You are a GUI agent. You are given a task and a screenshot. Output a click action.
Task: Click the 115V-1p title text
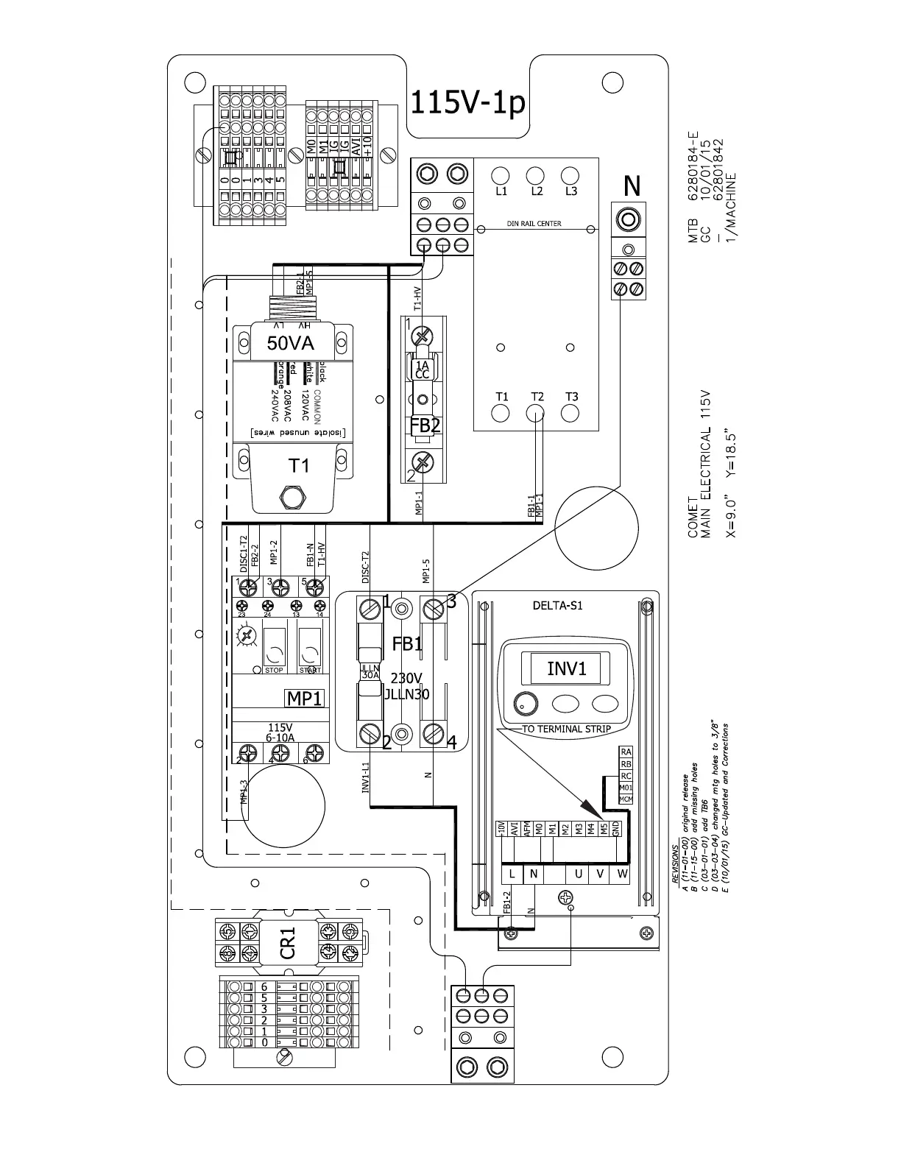coord(467,103)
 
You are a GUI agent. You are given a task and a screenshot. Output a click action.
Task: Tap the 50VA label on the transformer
coord(290,343)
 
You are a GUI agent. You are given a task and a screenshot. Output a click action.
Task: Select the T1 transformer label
coord(299,465)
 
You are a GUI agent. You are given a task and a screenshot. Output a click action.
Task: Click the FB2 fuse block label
coord(425,426)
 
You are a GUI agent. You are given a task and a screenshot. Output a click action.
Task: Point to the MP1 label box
coord(305,698)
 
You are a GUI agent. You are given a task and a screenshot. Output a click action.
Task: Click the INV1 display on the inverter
coord(567,668)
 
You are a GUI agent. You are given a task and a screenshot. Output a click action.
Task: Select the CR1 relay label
coord(288,943)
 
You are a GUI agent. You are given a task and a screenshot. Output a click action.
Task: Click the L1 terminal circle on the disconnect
coord(501,175)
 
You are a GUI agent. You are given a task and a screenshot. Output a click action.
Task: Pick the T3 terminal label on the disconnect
coord(572,397)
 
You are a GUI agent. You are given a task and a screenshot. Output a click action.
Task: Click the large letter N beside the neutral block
coord(632,187)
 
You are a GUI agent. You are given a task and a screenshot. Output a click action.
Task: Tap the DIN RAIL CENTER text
coord(534,224)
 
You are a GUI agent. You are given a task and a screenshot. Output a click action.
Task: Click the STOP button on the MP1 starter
coord(274,648)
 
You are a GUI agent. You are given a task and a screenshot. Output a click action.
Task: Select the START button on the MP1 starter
coord(309,648)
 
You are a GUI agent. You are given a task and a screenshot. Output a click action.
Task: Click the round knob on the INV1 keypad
coord(526,703)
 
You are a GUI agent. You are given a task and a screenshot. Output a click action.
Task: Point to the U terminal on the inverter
coord(579,874)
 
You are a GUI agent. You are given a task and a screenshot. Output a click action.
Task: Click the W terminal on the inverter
coord(622,874)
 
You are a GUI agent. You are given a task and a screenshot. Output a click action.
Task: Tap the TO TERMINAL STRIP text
coord(566,729)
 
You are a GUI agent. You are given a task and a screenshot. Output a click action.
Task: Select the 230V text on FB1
coord(406,678)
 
